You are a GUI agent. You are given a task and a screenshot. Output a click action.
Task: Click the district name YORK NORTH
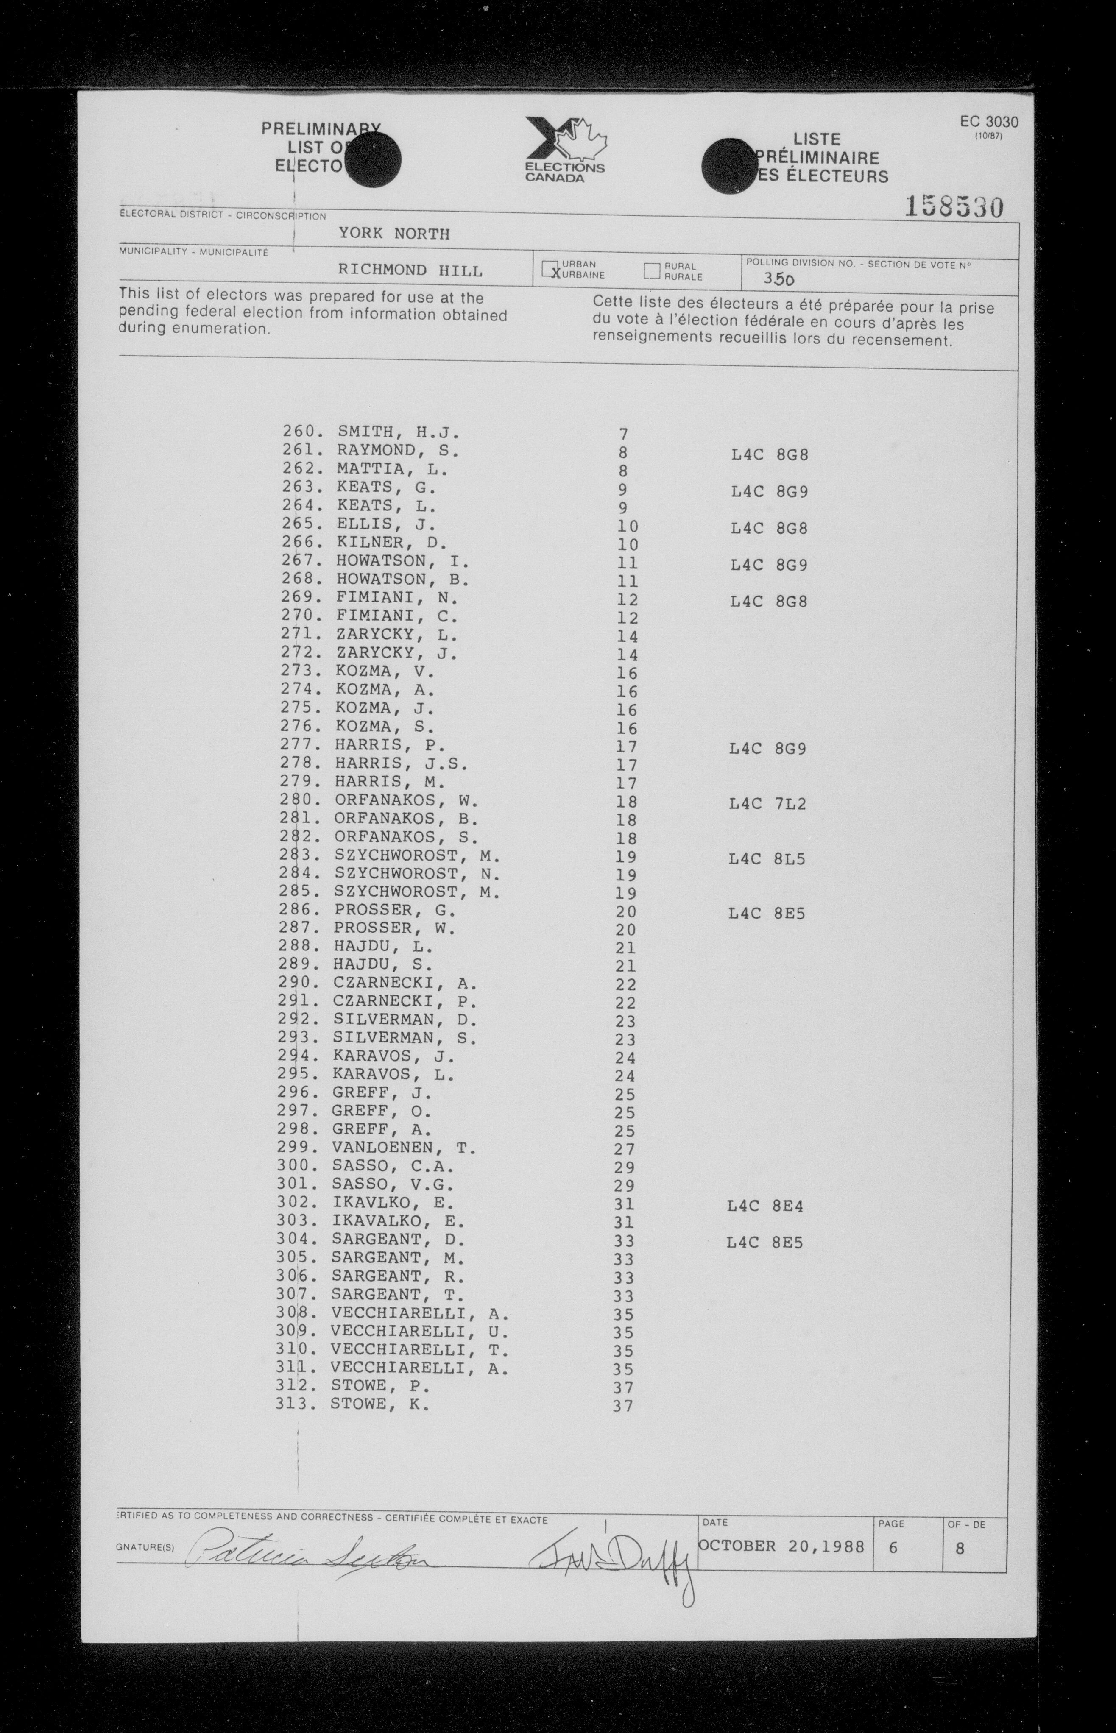[393, 233]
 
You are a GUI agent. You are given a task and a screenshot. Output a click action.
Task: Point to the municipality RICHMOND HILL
[410, 270]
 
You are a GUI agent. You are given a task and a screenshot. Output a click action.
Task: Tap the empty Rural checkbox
[652, 271]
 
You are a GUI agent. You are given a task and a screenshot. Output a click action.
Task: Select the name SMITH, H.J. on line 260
[398, 432]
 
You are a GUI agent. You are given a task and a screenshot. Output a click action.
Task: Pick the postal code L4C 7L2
[767, 803]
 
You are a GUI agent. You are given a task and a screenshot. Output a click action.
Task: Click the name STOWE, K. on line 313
[380, 1404]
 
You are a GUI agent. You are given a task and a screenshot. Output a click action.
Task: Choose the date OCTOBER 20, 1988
[781, 1545]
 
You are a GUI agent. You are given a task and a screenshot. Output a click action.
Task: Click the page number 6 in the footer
[893, 1547]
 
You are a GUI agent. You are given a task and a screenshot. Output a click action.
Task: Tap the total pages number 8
[960, 1548]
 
